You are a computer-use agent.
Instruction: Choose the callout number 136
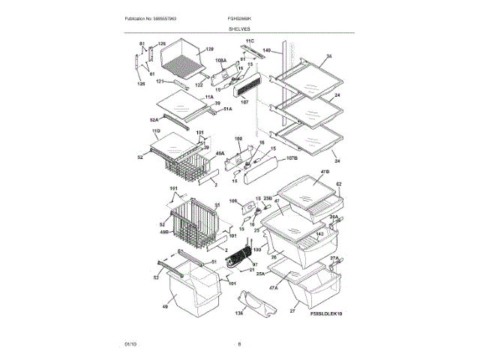(239, 312)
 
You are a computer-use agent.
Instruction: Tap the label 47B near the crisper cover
(325, 172)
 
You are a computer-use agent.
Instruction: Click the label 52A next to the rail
(153, 118)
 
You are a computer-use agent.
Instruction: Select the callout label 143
(319, 235)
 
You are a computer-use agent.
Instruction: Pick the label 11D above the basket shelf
(156, 130)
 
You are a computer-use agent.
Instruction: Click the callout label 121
(160, 81)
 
